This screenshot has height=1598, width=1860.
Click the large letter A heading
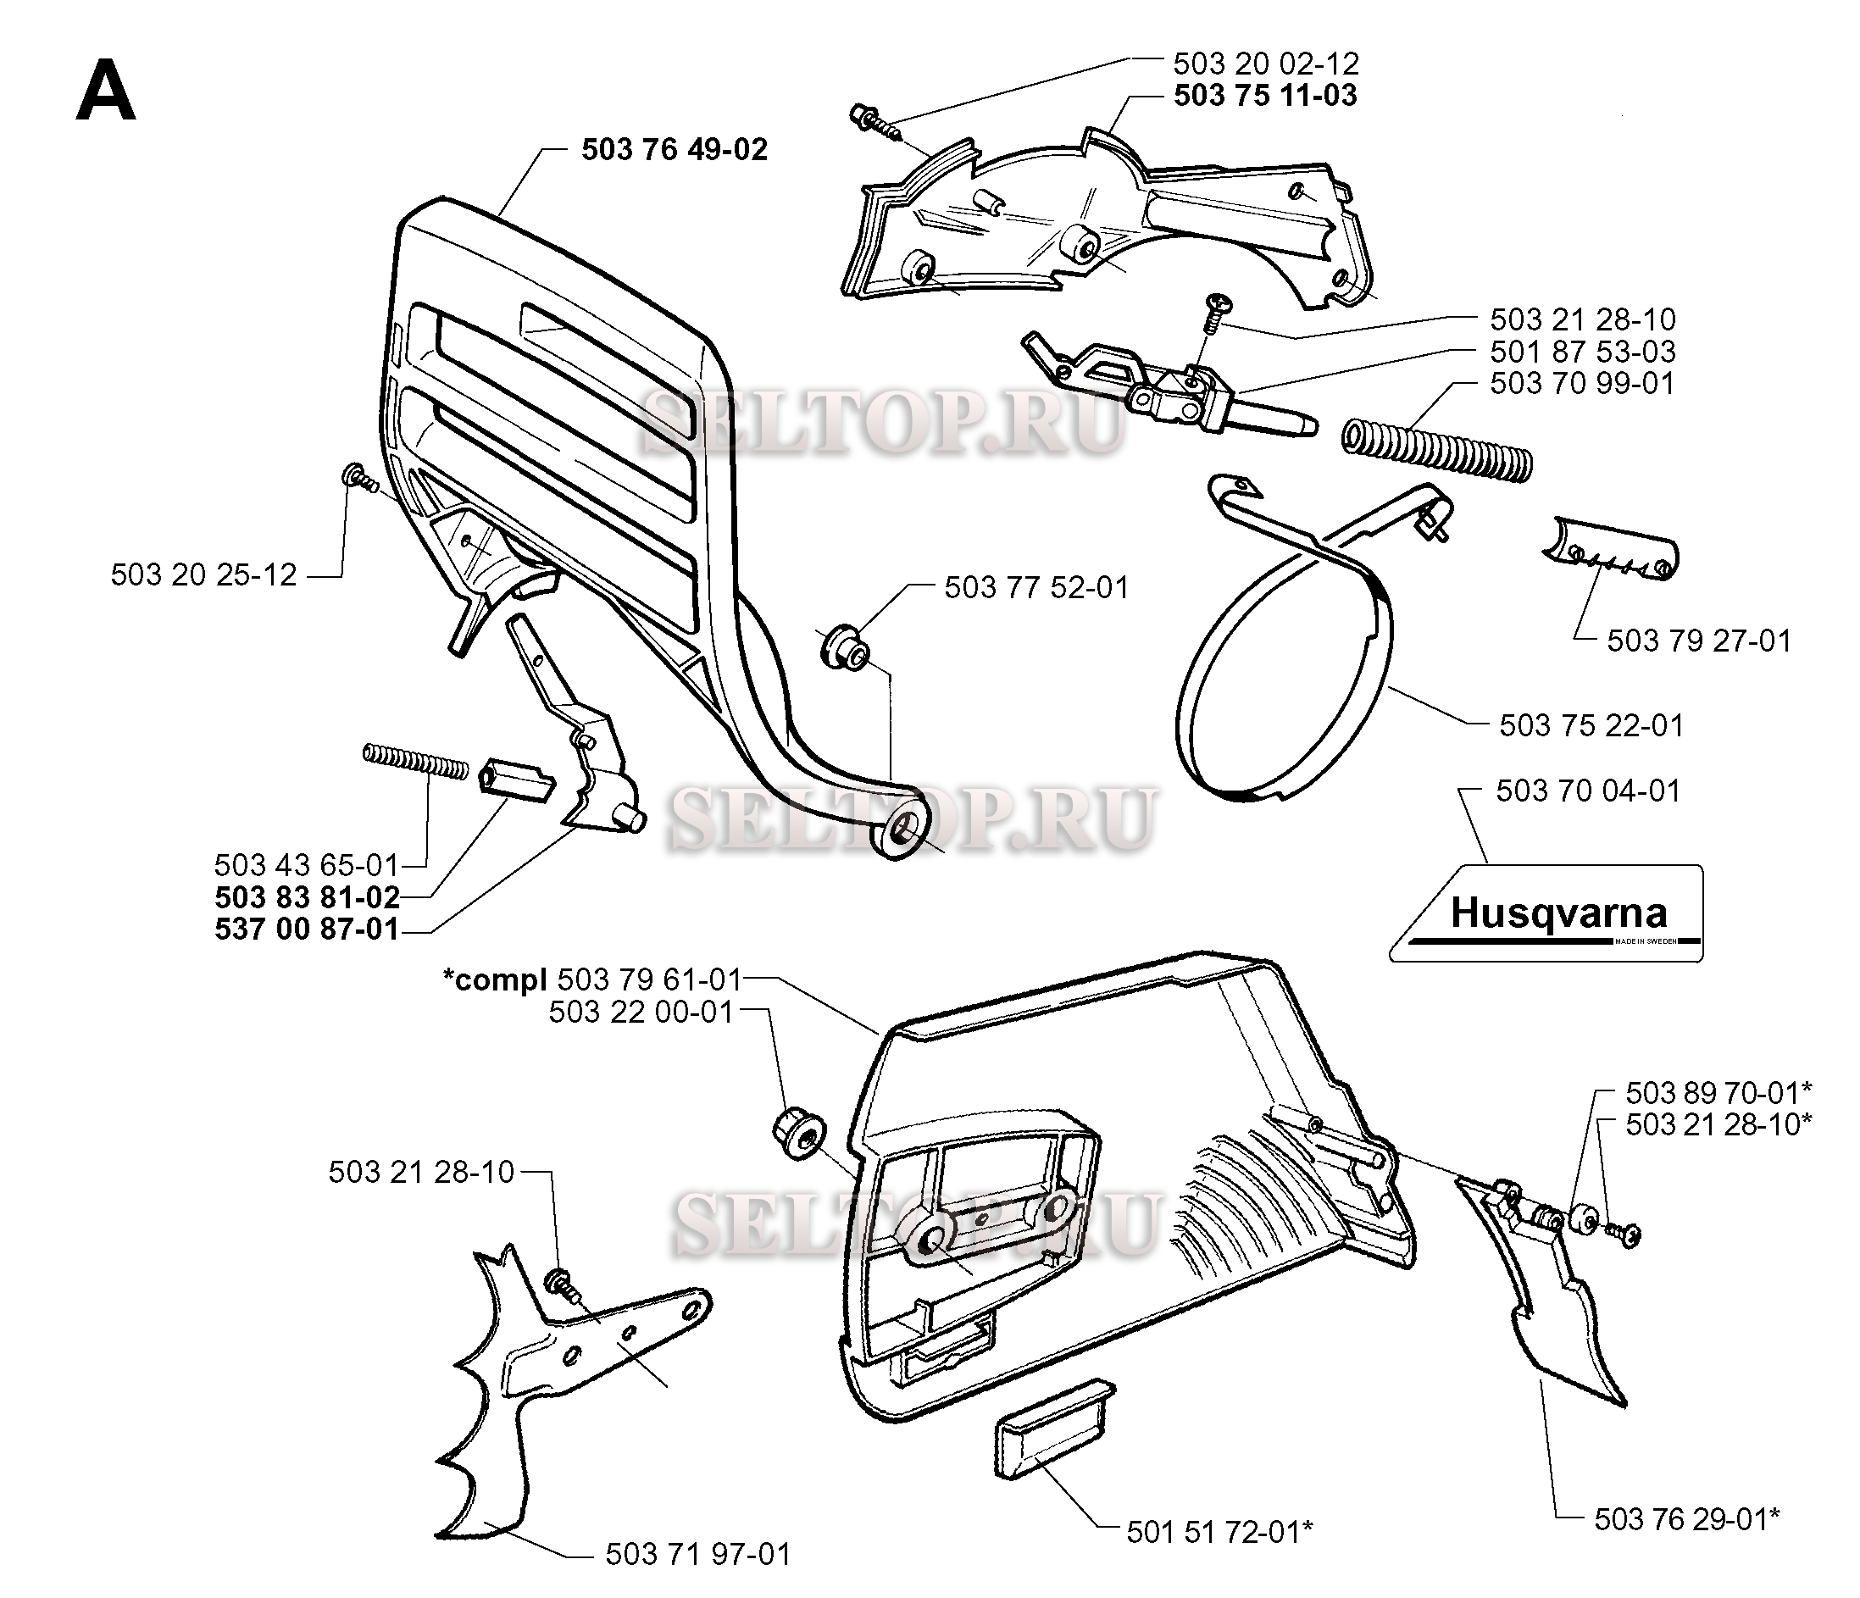point(106,92)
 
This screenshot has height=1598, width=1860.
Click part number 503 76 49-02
point(675,149)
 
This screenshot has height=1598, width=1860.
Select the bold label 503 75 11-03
point(1265,95)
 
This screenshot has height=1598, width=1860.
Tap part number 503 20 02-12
point(1265,64)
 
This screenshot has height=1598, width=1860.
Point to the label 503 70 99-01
point(1582,383)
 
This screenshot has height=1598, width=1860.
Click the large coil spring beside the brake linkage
point(1436,451)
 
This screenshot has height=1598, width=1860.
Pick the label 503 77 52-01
point(1036,588)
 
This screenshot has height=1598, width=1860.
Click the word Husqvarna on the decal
point(1558,914)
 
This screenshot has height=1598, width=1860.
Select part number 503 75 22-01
point(1591,725)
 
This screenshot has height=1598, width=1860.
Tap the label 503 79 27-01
point(1698,641)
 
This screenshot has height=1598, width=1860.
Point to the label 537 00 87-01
point(307,929)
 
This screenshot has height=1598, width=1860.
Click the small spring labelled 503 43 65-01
point(415,763)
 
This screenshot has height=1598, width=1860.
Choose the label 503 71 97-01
point(697,1554)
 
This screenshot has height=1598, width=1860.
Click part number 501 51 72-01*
point(1219,1533)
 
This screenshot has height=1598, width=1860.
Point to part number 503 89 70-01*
point(1718,1094)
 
